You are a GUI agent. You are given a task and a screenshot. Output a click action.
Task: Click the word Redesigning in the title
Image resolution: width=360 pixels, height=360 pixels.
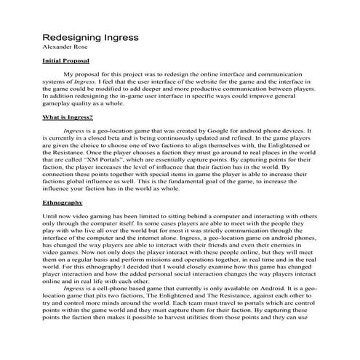tap(68, 33)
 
